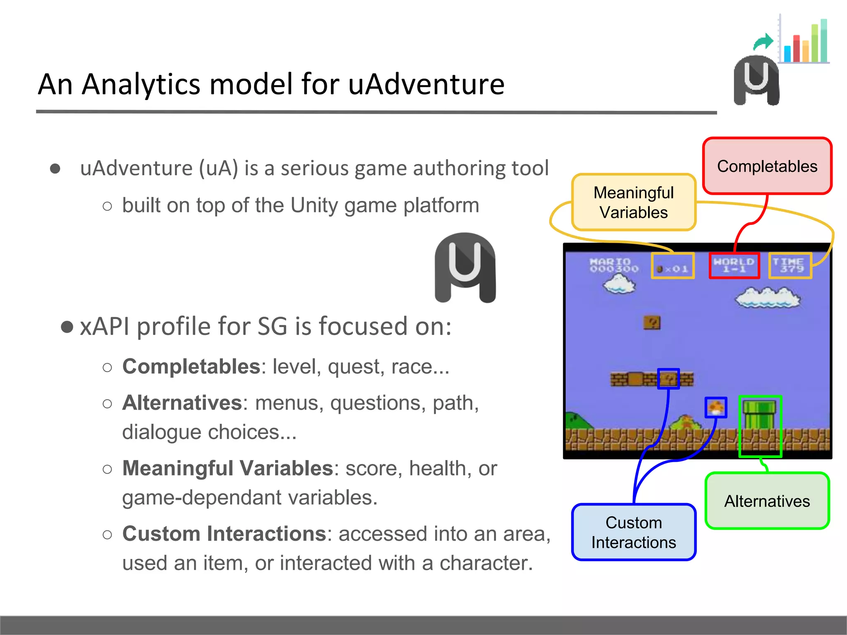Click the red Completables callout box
[x=767, y=166]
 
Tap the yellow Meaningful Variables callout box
[x=634, y=203]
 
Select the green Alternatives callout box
[x=767, y=501]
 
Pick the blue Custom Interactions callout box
[x=634, y=532]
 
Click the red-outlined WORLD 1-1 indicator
[x=734, y=265]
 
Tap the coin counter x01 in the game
[x=672, y=266]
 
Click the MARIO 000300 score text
[x=614, y=265]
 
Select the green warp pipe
[x=759, y=415]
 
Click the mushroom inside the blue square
[x=716, y=408]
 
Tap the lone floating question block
[x=652, y=322]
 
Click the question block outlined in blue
[x=668, y=379]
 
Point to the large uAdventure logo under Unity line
[x=465, y=268]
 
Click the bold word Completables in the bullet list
[x=191, y=367]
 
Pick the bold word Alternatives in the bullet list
[x=182, y=403]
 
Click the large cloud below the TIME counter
[x=767, y=298]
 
